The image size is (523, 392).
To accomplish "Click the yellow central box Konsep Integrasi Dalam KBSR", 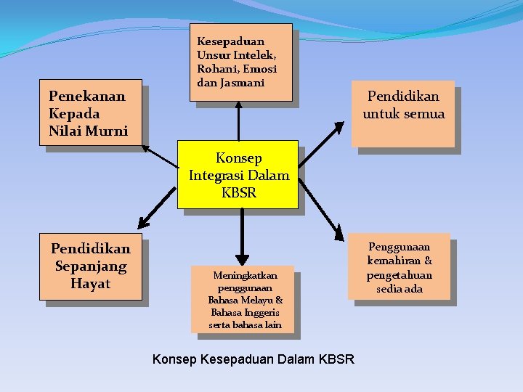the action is [238, 174].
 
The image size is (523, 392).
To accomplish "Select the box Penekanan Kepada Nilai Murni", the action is [91, 113].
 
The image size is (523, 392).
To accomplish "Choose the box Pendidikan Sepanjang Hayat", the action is [91, 266].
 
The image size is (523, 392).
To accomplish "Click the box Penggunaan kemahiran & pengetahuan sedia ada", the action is [399, 267].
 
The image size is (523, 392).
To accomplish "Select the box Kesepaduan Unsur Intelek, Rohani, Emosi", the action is [243, 62].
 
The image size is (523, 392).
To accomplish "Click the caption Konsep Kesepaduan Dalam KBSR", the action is [254, 359].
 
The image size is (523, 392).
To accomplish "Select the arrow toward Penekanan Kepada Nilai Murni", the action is [160, 155].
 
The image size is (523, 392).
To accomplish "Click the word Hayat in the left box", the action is [91, 284].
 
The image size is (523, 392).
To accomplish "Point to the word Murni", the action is [107, 131].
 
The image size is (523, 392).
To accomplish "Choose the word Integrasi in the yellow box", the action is [216, 175].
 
